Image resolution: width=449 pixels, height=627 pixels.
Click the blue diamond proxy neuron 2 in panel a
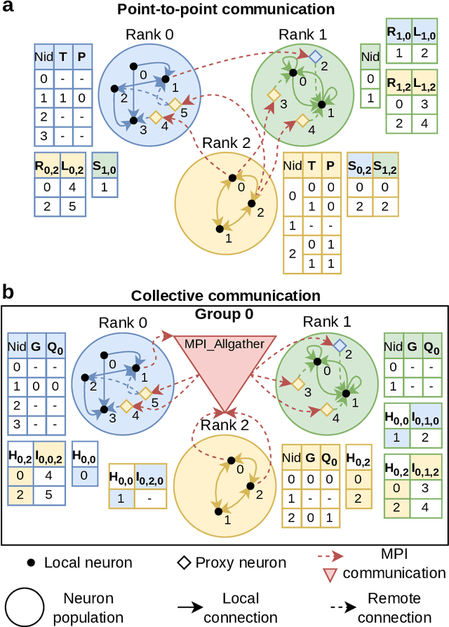point(316,55)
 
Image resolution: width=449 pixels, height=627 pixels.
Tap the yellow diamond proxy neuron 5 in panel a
point(174,104)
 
